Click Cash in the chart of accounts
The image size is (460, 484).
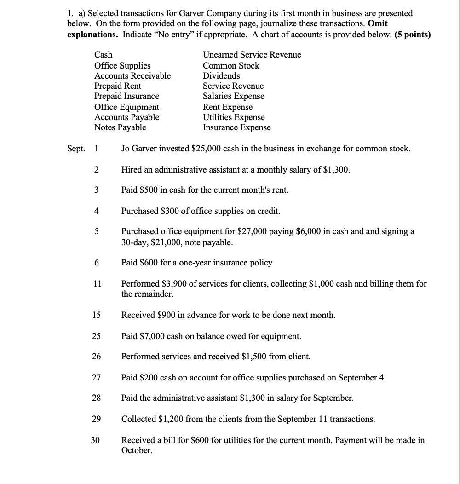pyautogui.click(x=103, y=55)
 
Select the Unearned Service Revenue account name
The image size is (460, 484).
pyautogui.click(x=252, y=55)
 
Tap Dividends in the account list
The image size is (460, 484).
pyautogui.click(x=221, y=76)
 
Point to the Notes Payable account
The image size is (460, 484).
pyautogui.click(x=120, y=127)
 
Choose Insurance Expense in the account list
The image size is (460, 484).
pyautogui.click(x=237, y=127)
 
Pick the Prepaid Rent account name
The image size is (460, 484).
pyautogui.click(x=118, y=86)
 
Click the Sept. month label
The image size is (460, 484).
pyautogui.click(x=75, y=149)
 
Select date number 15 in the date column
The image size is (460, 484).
pyautogui.click(x=96, y=316)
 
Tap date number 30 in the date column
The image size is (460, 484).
pyautogui.click(x=95, y=440)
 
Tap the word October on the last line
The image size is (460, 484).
pyautogui.click(x=137, y=450)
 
